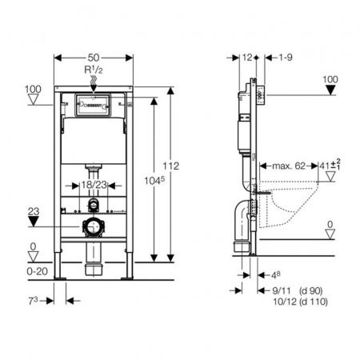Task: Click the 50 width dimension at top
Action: (94, 58)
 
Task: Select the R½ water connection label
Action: (94, 70)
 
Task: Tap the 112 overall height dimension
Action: (171, 166)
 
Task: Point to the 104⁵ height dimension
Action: (154, 181)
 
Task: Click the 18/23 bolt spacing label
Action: (94, 185)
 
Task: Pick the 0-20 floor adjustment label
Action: (38, 271)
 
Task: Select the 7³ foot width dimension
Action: (33, 301)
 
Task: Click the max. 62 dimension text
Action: (289, 166)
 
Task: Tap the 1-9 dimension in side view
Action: (286, 58)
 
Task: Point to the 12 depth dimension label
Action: (247, 58)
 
